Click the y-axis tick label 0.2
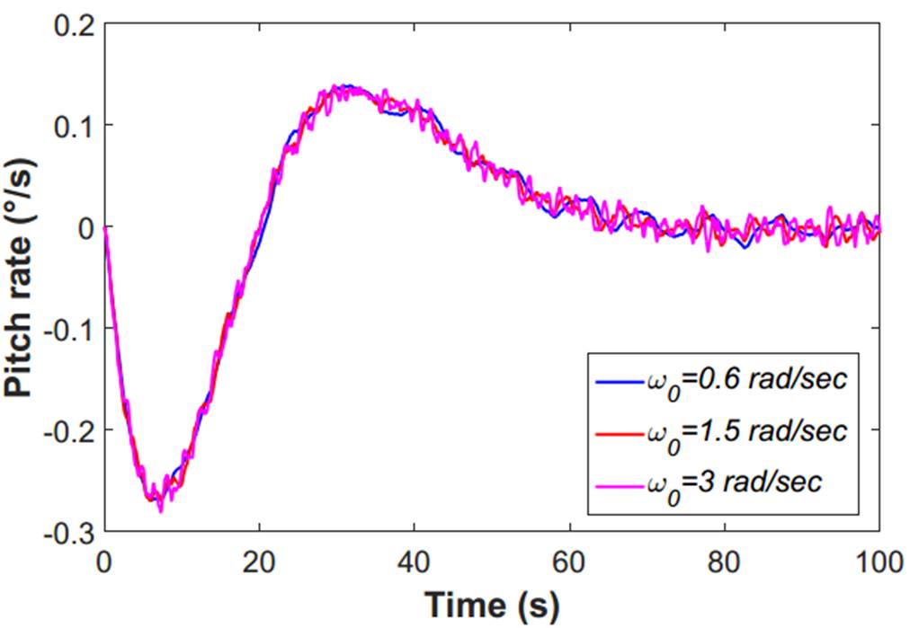(73, 24)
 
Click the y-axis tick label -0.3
(68, 531)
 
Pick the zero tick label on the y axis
(85, 227)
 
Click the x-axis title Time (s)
(492, 605)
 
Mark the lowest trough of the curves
(160, 510)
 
